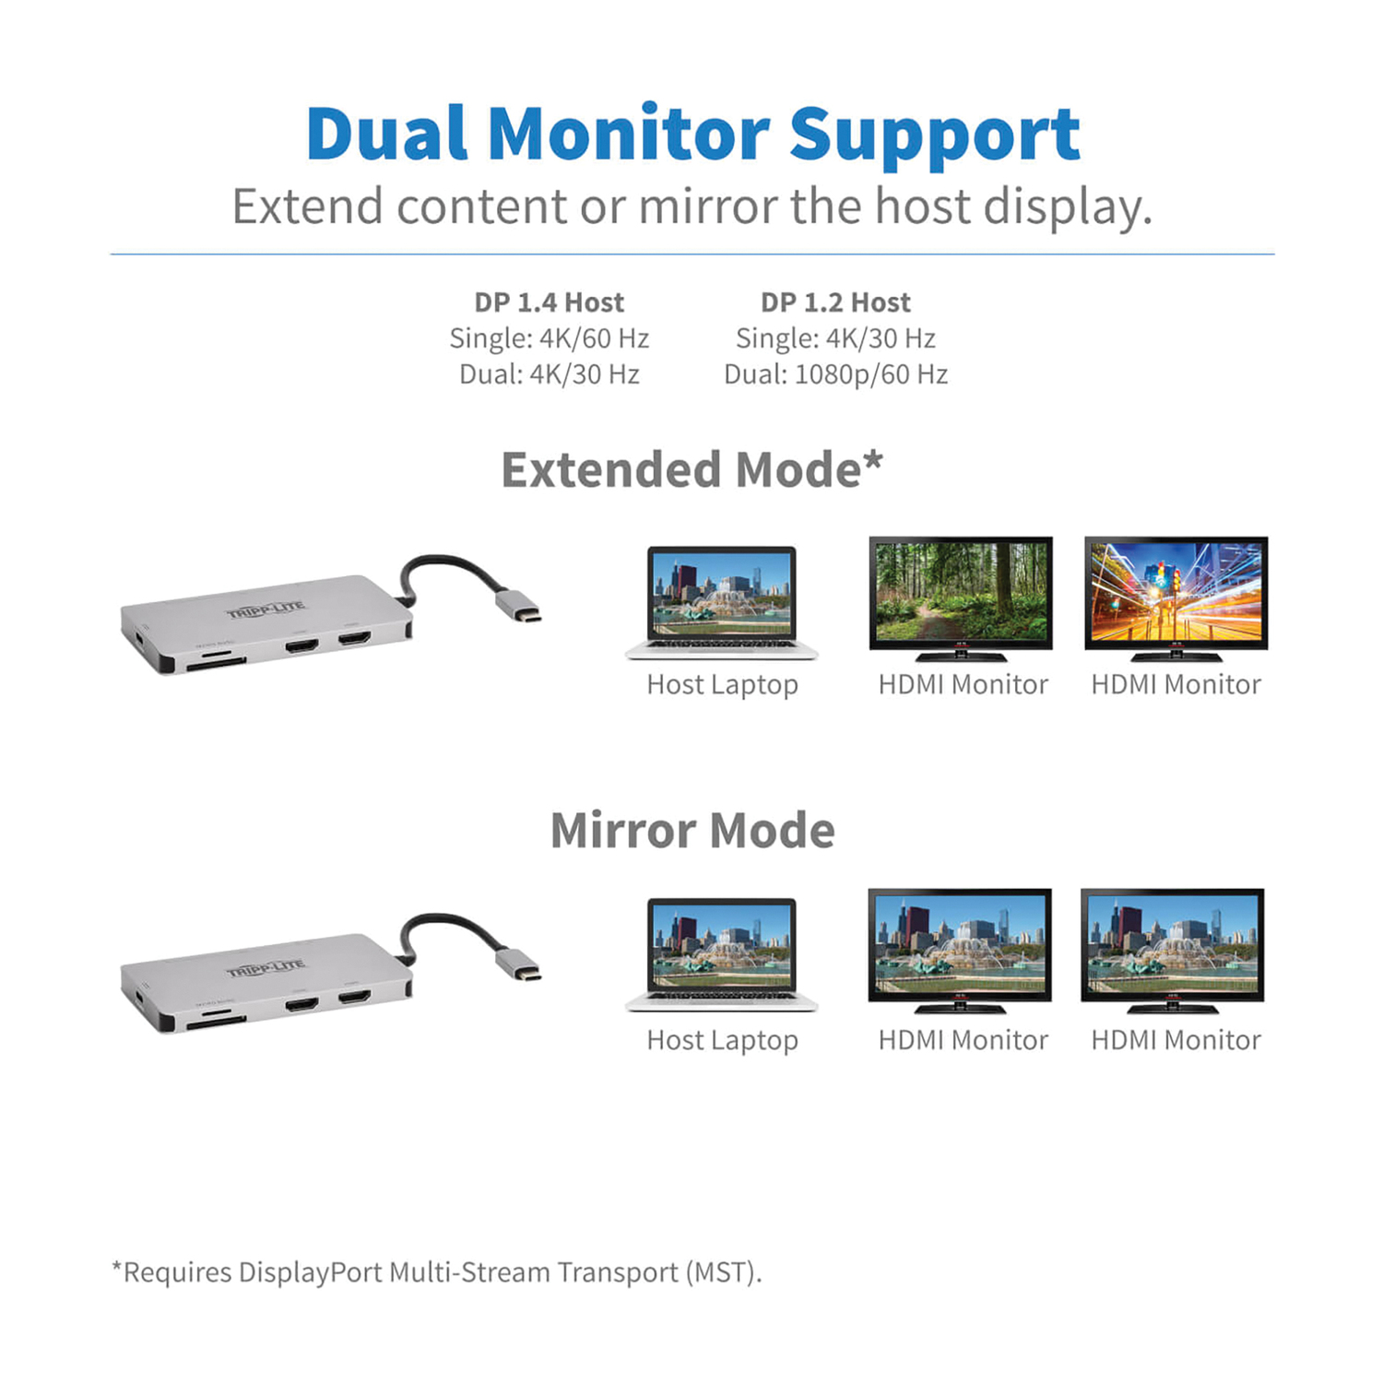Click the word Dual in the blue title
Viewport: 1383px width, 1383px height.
click(387, 135)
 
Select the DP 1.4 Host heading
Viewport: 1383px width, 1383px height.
click(550, 302)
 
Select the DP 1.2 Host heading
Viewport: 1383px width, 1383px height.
click(835, 302)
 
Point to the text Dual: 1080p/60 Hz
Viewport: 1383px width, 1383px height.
click(835, 374)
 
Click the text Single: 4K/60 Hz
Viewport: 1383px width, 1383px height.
click(550, 338)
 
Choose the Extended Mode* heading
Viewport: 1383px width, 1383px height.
click(691, 470)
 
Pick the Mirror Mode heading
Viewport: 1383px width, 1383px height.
click(692, 831)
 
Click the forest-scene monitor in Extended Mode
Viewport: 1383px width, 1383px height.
click(961, 595)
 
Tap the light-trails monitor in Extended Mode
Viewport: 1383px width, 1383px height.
click(1176, 595)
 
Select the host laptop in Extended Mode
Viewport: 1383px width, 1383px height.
click(721, 601)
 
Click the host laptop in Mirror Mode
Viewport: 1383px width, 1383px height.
click(721, 953)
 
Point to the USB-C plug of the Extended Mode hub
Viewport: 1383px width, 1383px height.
click(518, 606)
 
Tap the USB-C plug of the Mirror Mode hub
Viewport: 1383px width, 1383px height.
click(518, 964)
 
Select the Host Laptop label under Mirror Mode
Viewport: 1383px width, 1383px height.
click(722, 1040)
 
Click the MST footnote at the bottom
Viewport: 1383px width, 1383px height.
click(436, 1272)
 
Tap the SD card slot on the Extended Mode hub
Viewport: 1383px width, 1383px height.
click(216, 662)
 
